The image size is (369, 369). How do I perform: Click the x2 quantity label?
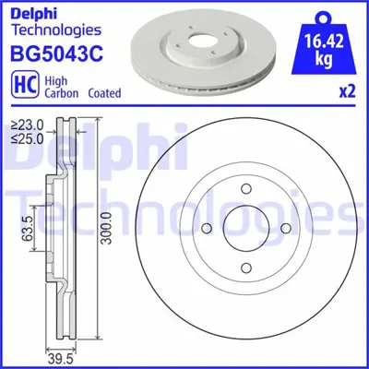point(348,92)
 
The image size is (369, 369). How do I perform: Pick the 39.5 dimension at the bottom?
point(61,357)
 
